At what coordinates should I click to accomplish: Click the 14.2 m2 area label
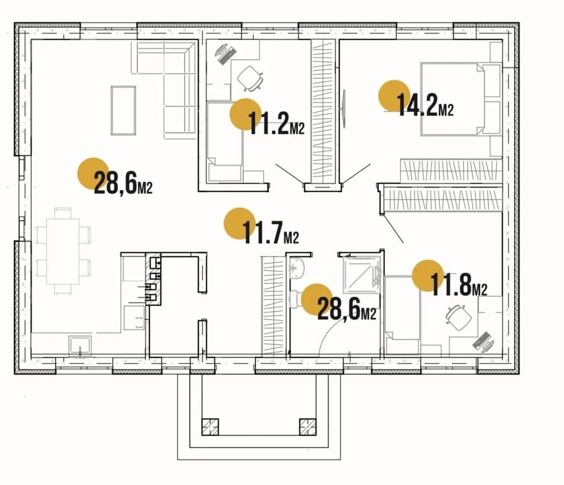425,105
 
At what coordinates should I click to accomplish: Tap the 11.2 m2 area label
276,123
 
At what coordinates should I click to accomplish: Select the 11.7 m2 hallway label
271,232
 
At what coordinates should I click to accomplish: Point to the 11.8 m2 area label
459,284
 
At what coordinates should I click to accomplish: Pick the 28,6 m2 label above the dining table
123,182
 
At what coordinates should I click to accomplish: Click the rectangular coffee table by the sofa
123,110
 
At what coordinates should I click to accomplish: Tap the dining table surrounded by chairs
63,251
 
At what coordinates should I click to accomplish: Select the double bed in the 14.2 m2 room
461,99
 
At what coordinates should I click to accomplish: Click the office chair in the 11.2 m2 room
250,78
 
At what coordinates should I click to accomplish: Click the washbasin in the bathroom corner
297,268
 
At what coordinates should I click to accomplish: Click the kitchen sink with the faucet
80,346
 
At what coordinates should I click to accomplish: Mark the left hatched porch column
210,428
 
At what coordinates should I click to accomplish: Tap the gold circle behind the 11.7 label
240,224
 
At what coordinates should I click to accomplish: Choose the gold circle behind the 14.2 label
394,96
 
